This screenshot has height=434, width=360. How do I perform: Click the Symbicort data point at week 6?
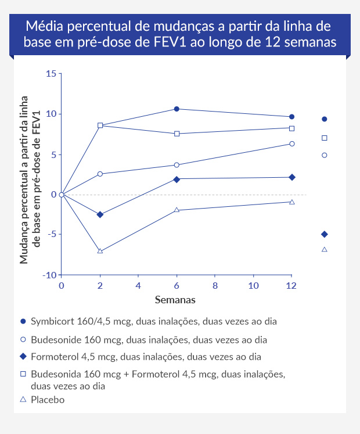pos(177,109)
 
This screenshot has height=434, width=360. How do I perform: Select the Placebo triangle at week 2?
pos(100,251)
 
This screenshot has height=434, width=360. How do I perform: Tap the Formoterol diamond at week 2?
pos(100,214)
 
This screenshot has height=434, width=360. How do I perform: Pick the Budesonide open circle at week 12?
pos(291,144)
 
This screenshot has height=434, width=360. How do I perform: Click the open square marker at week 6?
pos(177,134)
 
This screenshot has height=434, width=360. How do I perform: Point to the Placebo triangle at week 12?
pos(291,202)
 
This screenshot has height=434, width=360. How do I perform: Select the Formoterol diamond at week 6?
pos(177,179)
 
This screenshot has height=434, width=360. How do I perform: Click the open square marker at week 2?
pos(100,125)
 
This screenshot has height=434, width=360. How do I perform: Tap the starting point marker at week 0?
pos(62,195)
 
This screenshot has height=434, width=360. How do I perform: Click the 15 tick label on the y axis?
pos(51,74)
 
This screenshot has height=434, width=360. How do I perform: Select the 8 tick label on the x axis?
pos(215,286)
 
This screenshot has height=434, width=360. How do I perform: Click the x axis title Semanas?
pos(175,300)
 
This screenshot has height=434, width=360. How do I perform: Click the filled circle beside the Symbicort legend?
pos(23,321)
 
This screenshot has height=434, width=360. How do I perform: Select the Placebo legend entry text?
pos(48,400)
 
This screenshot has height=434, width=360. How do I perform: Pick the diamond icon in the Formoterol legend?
pos(23,356)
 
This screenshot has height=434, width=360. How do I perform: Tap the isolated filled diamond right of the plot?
pos(325,234)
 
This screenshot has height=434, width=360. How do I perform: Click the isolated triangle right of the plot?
pos(325,249)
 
